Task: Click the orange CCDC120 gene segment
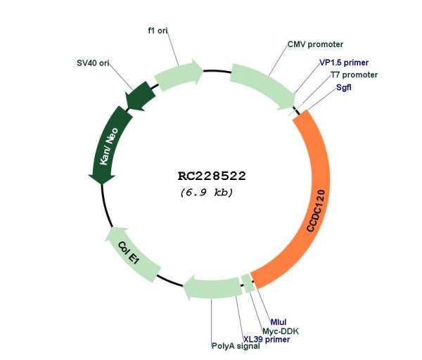314,205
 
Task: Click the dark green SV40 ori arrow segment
141,96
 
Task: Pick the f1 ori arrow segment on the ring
179,75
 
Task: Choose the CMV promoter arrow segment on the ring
262,85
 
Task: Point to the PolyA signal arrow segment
212,288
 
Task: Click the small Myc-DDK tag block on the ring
248,283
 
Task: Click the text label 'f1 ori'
158,31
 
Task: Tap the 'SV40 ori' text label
93,63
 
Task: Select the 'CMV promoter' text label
315,44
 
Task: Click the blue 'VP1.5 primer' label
344,63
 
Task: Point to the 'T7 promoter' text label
354,75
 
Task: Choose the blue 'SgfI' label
344,87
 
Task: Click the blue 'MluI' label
279,322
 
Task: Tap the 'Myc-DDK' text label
281,331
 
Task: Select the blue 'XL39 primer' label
267,340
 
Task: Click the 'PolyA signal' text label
236,346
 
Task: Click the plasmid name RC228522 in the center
212,176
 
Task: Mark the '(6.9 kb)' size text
206,193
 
